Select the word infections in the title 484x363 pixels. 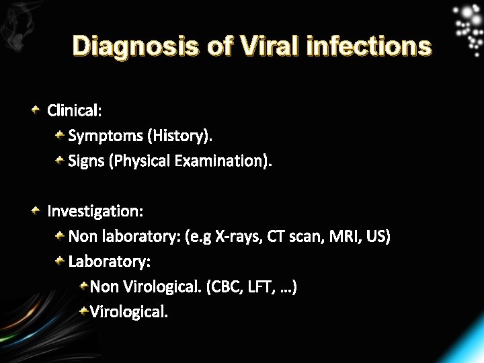(368, 46)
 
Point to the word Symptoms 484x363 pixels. (106, 136)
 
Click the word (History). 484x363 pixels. (181, 136)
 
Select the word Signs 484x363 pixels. (86, 161)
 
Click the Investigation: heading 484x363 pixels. (95, 212)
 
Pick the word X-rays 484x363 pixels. (238, 237)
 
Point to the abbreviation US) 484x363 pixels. (378, 237)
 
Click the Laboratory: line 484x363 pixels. (110, 261)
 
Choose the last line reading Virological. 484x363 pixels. (129, 312)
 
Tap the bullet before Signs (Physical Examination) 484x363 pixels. (60, 160)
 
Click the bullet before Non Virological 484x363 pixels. (83, 286)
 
